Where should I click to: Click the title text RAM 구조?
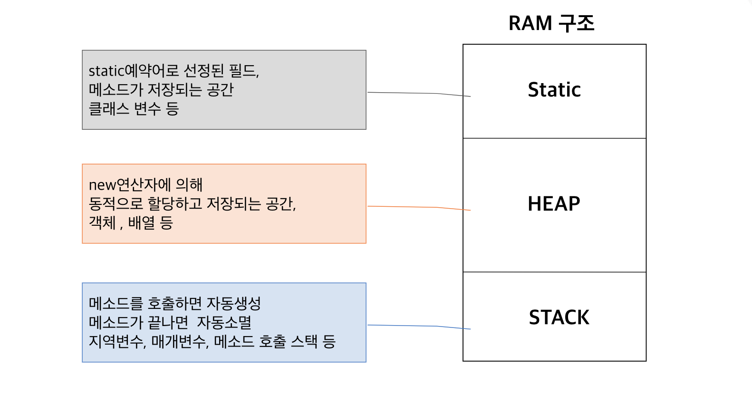coord(551,23)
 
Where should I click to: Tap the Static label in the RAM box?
coord(554,90)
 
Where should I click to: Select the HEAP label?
coord(554,204)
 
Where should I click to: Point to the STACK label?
coord(559,317)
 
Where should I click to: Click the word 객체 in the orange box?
coord(102,222)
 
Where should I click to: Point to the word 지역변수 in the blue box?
coord(116,341)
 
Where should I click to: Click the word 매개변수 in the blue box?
coord(179,341)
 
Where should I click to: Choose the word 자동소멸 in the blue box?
coord(224,322)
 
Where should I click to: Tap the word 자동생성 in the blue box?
coord(233,303)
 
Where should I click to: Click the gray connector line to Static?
coord(418,94)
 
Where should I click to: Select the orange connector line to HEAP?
coord(418,207)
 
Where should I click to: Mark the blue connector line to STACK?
coord(418,326)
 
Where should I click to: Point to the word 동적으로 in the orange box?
coord(116,203)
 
